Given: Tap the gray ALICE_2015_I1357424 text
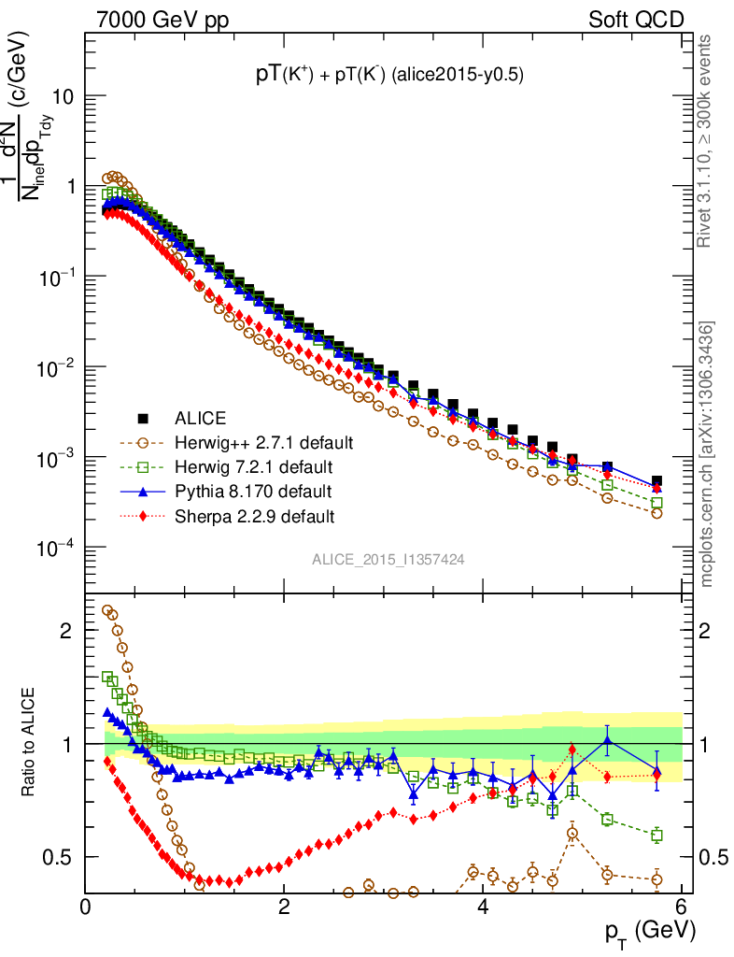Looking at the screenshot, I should (x=388, y=559).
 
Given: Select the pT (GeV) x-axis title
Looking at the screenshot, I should (x=637, y=932).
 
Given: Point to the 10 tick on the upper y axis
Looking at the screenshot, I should (x=62, y=97).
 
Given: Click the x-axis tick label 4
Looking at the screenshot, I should (x=483, y=906).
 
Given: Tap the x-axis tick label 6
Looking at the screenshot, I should (x=681, y=906).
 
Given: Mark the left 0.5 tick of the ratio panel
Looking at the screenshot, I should (x=64, y=857).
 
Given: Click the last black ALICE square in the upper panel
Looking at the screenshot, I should (x=656, y=481).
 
